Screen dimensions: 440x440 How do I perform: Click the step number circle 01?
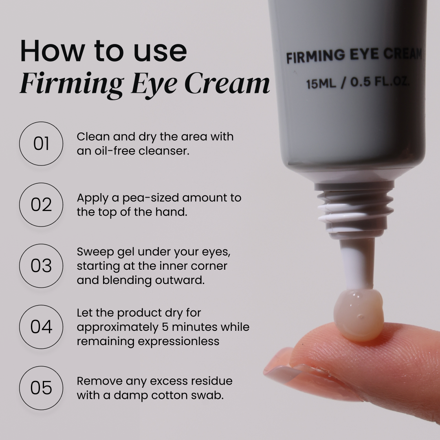point(41,144)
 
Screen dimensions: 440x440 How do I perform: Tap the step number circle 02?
point(41,205)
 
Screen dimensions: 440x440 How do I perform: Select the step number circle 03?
point(41,266)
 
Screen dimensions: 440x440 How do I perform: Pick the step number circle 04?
point(41,327)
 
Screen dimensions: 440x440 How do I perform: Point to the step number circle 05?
point(41,388)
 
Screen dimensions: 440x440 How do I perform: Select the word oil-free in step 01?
point(107,151)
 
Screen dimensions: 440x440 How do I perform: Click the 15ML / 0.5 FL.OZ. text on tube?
point(358,84)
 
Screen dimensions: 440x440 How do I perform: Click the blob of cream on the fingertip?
point(358,315)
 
